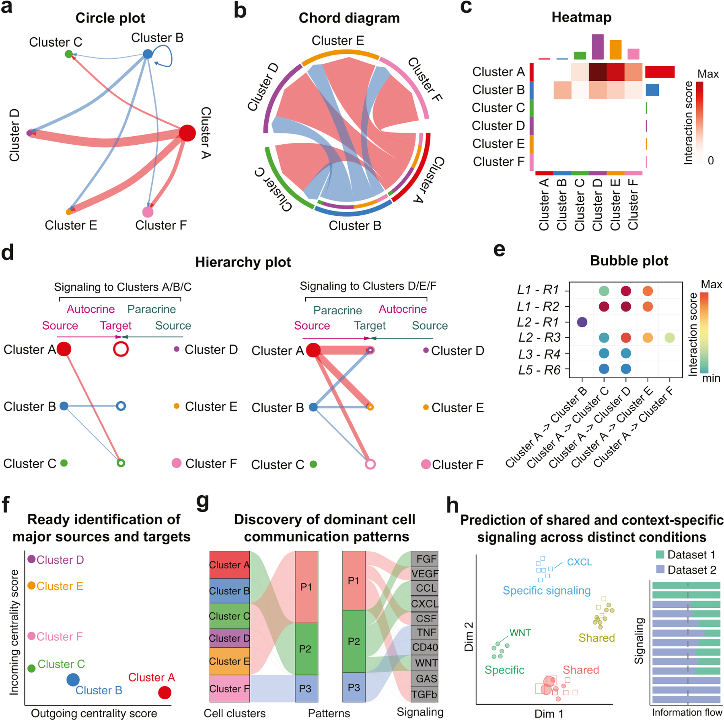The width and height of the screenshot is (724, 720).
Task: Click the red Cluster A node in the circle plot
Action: [187, 133]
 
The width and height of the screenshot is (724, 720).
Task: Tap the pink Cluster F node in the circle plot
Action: [148, 212]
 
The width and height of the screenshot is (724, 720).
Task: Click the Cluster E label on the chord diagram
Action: [337, 41]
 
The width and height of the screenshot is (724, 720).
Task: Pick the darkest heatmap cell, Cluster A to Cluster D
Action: [598, 72]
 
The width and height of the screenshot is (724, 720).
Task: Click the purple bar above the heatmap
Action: [598, 47]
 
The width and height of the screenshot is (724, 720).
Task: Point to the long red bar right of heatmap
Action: [660, 72]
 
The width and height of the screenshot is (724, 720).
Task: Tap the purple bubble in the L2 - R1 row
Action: [582, 322]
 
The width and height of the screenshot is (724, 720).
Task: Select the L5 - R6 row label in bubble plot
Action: [539, 370]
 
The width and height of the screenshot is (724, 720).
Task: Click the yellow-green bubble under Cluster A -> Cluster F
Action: [669, 338]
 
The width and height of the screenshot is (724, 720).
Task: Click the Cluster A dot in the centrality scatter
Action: [165, 692]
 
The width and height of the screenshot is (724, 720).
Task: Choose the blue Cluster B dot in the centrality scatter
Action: [73, 679]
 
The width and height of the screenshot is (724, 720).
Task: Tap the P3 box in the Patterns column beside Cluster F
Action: [306, 688]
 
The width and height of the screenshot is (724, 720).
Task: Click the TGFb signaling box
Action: [425, 694]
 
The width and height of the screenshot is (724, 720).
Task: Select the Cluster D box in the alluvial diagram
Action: [230, 638]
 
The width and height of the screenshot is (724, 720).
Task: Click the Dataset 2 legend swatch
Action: [660, 570]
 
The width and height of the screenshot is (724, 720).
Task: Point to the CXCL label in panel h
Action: [579, 562]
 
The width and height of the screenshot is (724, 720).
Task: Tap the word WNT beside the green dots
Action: [520, 633]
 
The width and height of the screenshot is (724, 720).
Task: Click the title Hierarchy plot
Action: [243, 262]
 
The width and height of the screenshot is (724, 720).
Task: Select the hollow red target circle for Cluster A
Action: [121, 349]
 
